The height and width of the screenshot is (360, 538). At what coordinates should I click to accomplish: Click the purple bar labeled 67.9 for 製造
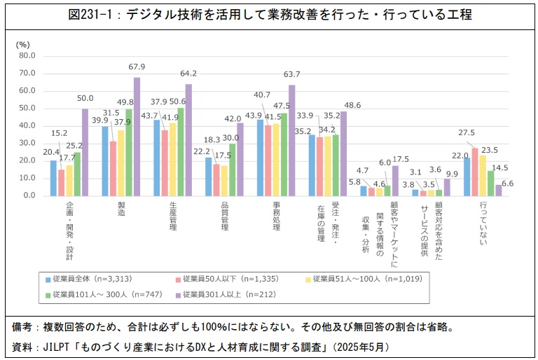(x=137, y=137)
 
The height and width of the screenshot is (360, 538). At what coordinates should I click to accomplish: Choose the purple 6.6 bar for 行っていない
(x=499, y=190)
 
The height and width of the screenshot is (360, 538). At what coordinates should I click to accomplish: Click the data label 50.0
(x=85, y=99)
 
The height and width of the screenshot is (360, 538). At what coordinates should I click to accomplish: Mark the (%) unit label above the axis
(x=22, y=44)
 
